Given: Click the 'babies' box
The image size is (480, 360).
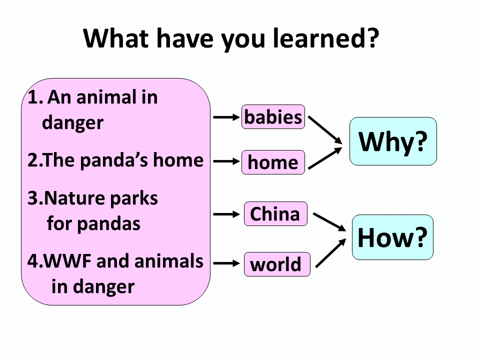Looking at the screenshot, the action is tap(273, 117).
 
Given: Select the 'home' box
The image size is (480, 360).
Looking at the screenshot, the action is tap(273, 162).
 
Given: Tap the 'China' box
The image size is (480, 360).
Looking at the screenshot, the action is tap(275, 213).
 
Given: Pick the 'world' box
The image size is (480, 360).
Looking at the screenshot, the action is tap(277, 264).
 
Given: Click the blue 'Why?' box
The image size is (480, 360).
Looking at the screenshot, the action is tap(393, 141).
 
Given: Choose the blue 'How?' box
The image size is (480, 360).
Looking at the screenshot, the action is tap(393, 237).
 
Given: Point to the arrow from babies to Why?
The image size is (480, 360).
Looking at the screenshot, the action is tap(325, 130).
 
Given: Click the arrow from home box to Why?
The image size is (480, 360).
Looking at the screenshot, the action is tap(325, 158).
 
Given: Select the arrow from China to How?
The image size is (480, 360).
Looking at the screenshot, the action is tap(329, 222).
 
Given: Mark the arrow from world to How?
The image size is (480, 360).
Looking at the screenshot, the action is tap(330, 253).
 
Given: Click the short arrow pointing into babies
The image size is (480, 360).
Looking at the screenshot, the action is tap(226, 117).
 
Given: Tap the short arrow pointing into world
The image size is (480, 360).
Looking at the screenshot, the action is tap(226, 263).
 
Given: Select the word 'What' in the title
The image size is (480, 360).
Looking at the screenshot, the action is tap(116, 38).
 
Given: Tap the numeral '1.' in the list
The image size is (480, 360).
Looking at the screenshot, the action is tap(35, 97).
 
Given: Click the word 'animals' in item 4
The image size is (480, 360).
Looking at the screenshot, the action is tap(168, 261).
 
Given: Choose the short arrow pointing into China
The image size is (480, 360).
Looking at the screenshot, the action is tap(226, 214).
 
